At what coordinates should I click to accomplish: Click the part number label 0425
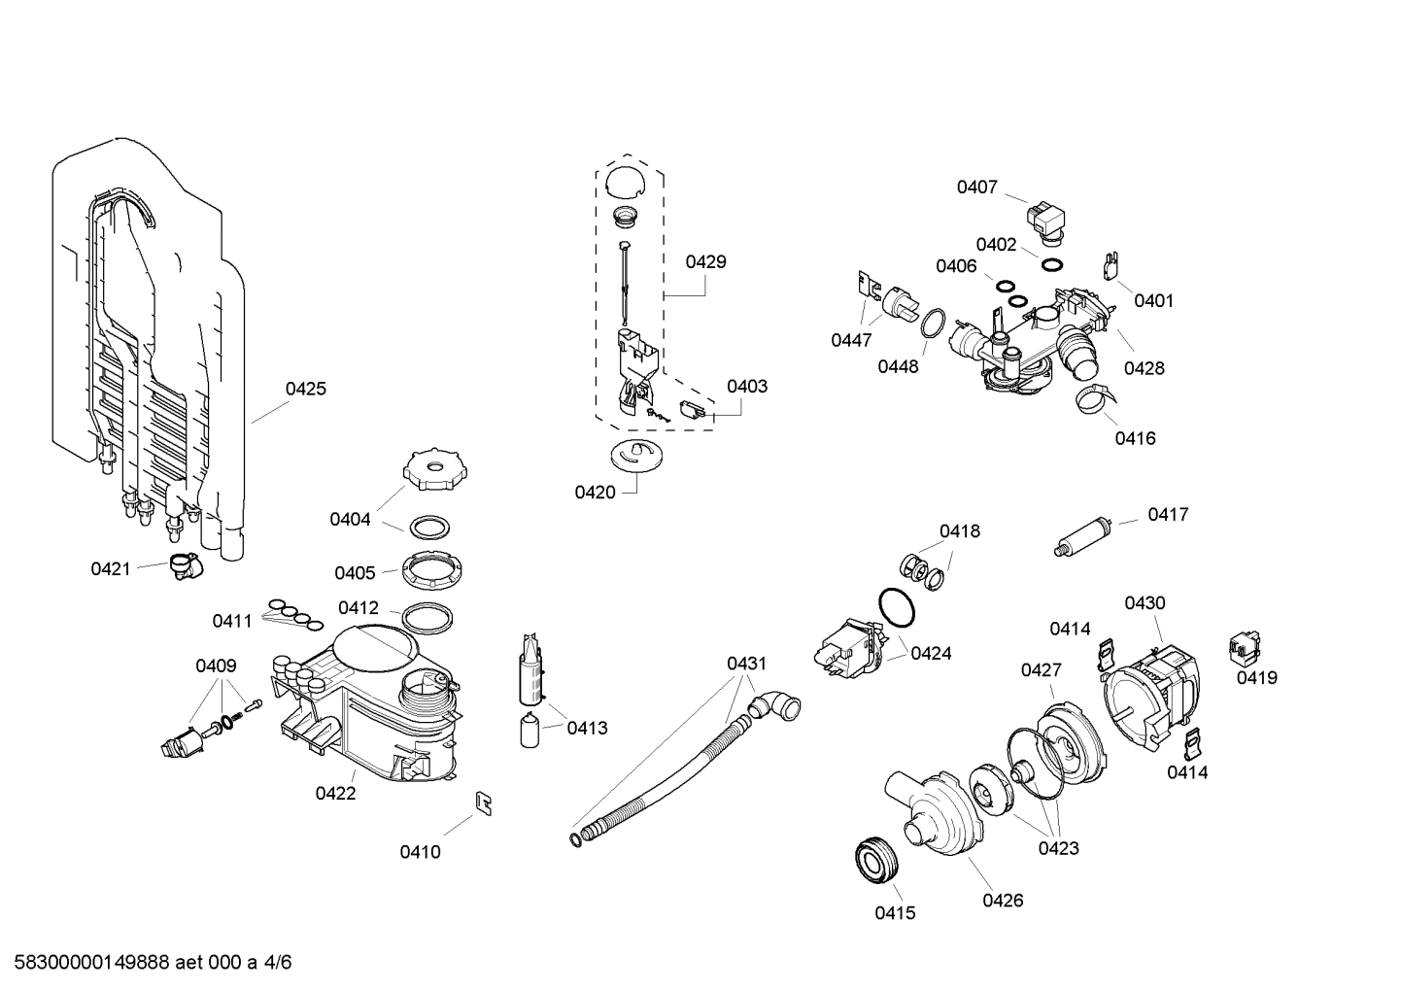click(x=305, y=389)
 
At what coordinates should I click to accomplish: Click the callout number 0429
click(x=705, y=261)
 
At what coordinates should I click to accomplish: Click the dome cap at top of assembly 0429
click(x=624, y=182)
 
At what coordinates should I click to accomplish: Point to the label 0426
click(x=1003, y=900)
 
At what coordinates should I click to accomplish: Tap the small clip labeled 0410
click(x=483, y=802)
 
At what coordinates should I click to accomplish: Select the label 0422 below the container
click(x=335, y=793)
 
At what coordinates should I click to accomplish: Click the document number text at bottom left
click(x=147, y=963)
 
